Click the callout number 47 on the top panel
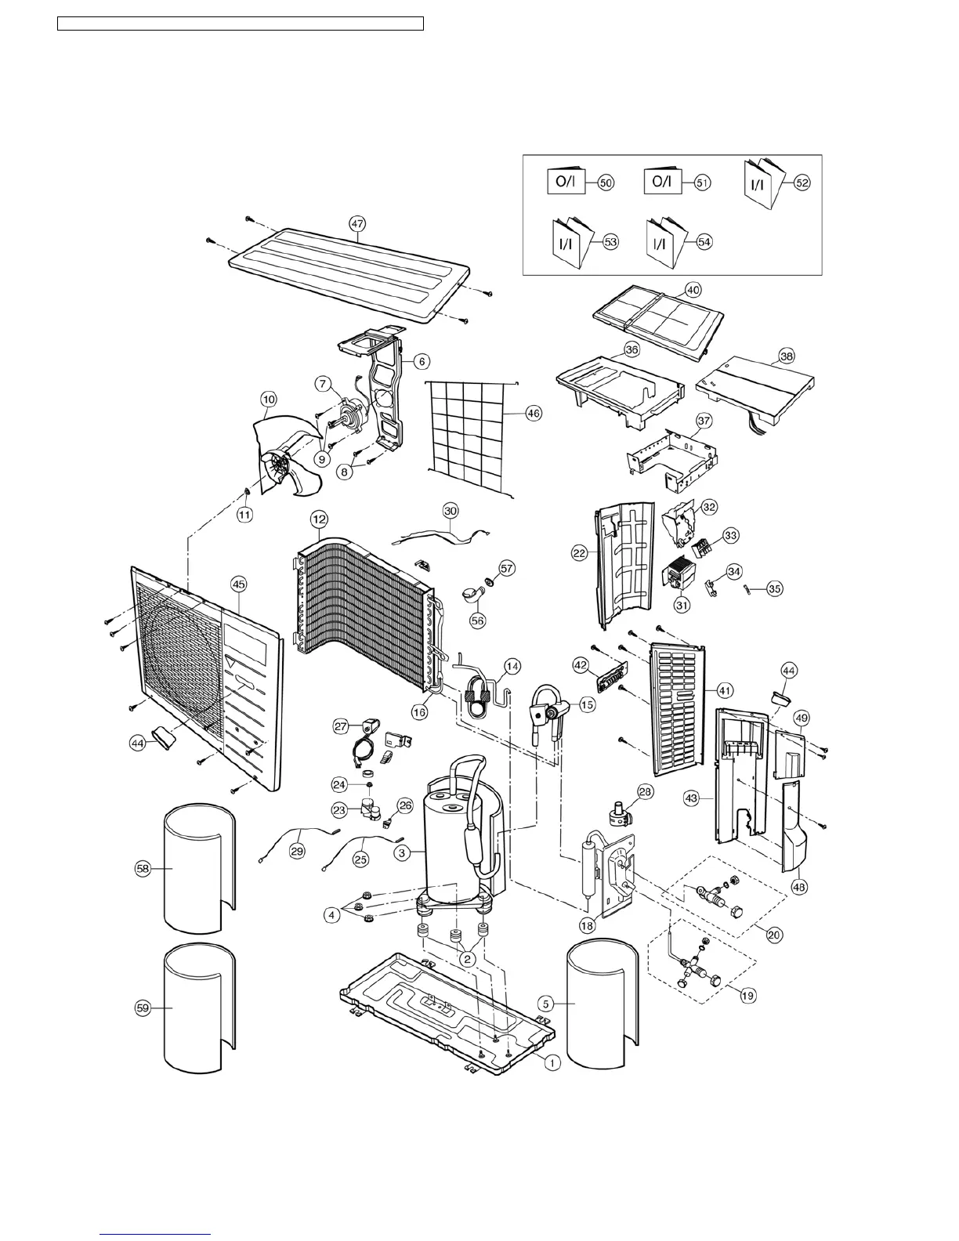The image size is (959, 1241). click(357, 223)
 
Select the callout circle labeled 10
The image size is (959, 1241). click(268, 400)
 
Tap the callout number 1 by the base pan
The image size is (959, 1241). click(552, 1063)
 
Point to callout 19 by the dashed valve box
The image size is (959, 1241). click(747, 995)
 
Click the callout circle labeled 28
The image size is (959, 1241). click(644, 792)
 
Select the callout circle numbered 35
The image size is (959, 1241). click(774, 588)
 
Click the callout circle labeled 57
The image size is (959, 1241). click(507, 568)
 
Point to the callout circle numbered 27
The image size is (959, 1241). click(342, 726)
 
